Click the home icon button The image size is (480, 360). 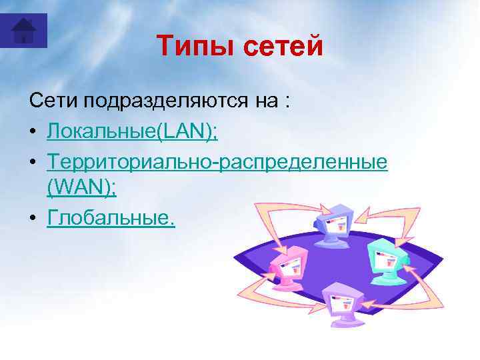point(24,31)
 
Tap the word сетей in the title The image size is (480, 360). point(280,46)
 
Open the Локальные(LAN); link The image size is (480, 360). point(132,131)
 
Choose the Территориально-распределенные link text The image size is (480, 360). point(217,161)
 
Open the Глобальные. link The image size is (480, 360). point(111,219)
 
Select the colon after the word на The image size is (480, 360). point(286,103)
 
